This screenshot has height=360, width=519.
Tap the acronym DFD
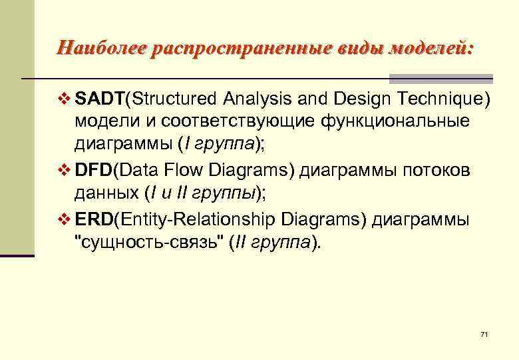(x=94, y=170)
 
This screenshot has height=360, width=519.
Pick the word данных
(x=106, y=193)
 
